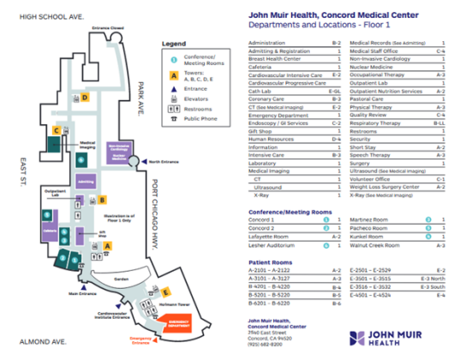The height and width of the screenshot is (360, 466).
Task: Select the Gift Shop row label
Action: click(x=260, y=131)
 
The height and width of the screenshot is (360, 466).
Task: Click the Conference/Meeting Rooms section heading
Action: click(x=290, y=210)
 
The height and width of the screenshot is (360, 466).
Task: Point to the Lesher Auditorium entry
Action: click(x=274, y=244)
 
